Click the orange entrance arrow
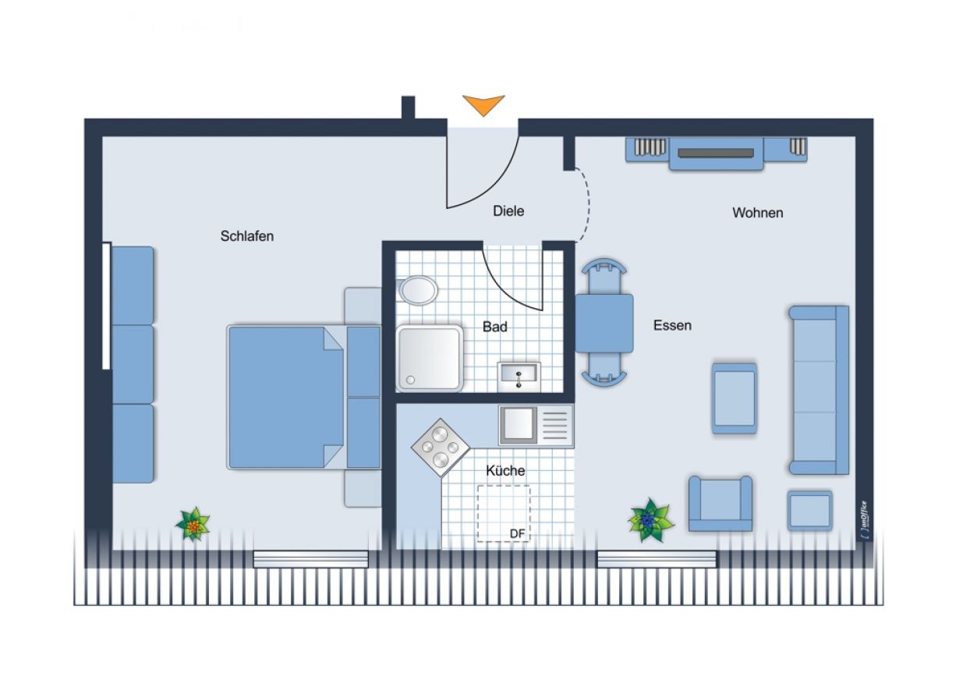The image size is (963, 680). tap(483, 104)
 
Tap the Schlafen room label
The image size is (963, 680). tap(246, 236)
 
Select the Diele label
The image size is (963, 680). tap(508, 211)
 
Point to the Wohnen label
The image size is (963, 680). tap(757, 213)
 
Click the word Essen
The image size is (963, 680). tap(672, 325)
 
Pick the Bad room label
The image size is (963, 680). tap(495, 327)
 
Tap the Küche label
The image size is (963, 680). tap(505, 470)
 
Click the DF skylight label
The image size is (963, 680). tap(517, 534)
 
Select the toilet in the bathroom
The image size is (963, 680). tap(418, 290)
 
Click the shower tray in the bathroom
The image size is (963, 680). tap(430, 359)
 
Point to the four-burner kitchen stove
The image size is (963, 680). tap(441, 448)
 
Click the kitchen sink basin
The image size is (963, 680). tap(518, 425)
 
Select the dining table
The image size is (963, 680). tap(604, 324)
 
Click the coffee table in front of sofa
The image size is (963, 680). tap(735, 398)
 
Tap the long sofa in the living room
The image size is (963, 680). tap(819, 390)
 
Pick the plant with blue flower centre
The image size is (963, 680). tap(650, 521)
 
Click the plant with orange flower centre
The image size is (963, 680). tap(193, 524)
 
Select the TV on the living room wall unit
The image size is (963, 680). tap(715, 153)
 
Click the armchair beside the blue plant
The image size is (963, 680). tap(720, 503)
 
